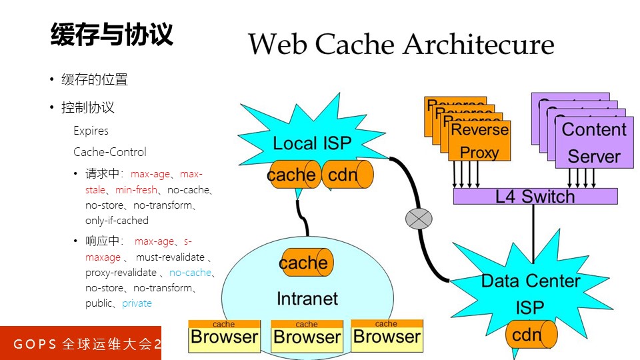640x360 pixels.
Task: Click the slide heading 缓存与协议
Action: [112, 35]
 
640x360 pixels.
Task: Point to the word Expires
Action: [91, 131]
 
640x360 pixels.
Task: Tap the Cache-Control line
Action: [109, 152]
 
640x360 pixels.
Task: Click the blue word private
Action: [137, 303]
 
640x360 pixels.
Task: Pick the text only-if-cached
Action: [117, 221]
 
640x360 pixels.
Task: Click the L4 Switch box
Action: [535, 196]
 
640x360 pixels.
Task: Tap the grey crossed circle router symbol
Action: [419, 219]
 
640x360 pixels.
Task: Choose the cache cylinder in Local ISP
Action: [293, 175]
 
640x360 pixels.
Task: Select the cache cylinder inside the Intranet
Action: [305, 263]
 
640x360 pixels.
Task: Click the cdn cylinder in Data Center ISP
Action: [530, 335]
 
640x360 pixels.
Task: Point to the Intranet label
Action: [307, 299]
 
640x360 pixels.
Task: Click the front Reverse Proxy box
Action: [479, 141]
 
